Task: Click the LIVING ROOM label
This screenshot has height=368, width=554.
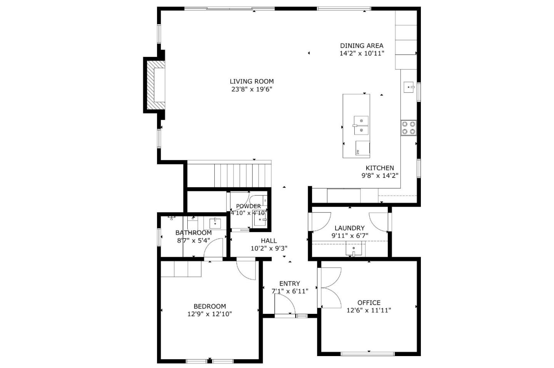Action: tap(252, 81)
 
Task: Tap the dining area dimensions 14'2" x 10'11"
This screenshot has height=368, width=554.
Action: tap(362, 53)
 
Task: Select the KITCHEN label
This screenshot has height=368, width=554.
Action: tap(379, 168)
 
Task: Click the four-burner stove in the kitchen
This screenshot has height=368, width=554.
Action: tap(409, 128)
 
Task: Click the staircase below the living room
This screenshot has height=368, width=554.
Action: tap(229, 175)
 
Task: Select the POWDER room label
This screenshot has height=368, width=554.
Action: tap(248, 206)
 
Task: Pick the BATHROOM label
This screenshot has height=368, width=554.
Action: tap(193, 233)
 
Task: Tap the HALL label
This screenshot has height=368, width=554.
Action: tap(269, 241)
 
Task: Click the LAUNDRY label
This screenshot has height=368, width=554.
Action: tap(349, 228)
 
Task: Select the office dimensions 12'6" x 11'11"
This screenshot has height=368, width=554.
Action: tap(369, 310)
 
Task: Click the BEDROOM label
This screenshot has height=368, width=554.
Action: tap(209, 307)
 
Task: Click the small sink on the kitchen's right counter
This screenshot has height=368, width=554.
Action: tap(409, 88)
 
